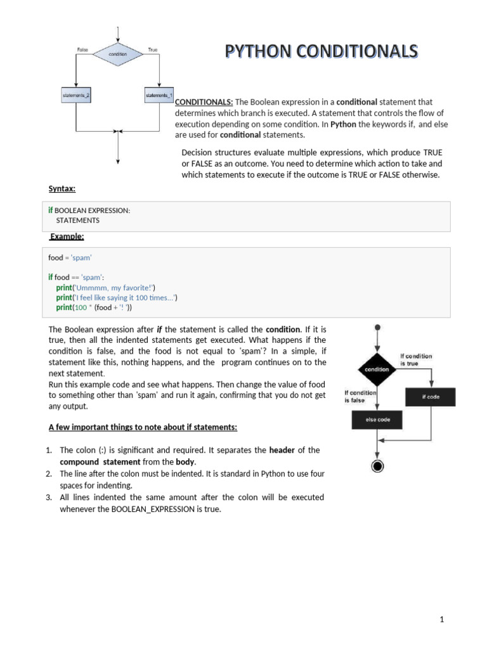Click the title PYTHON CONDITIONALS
(x=321, y=51)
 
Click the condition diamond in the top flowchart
(x=117, y=55)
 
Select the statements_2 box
(x=76, y=96)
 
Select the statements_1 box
(x=159, y=96)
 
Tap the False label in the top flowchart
(x=82, y=49)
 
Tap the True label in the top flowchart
(x=152, y=49)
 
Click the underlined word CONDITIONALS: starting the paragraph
(x=204, y=102)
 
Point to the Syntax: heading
(x=62, y=189)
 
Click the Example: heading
(x=67, y=236)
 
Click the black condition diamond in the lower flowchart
(x=377, y=369)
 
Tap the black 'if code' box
(x=431, y=397)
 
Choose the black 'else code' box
(x=377, y=420)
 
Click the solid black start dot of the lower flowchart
(x=377, y=328)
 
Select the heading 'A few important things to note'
(x=143, y=427)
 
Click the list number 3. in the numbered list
(x=48, y=497)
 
